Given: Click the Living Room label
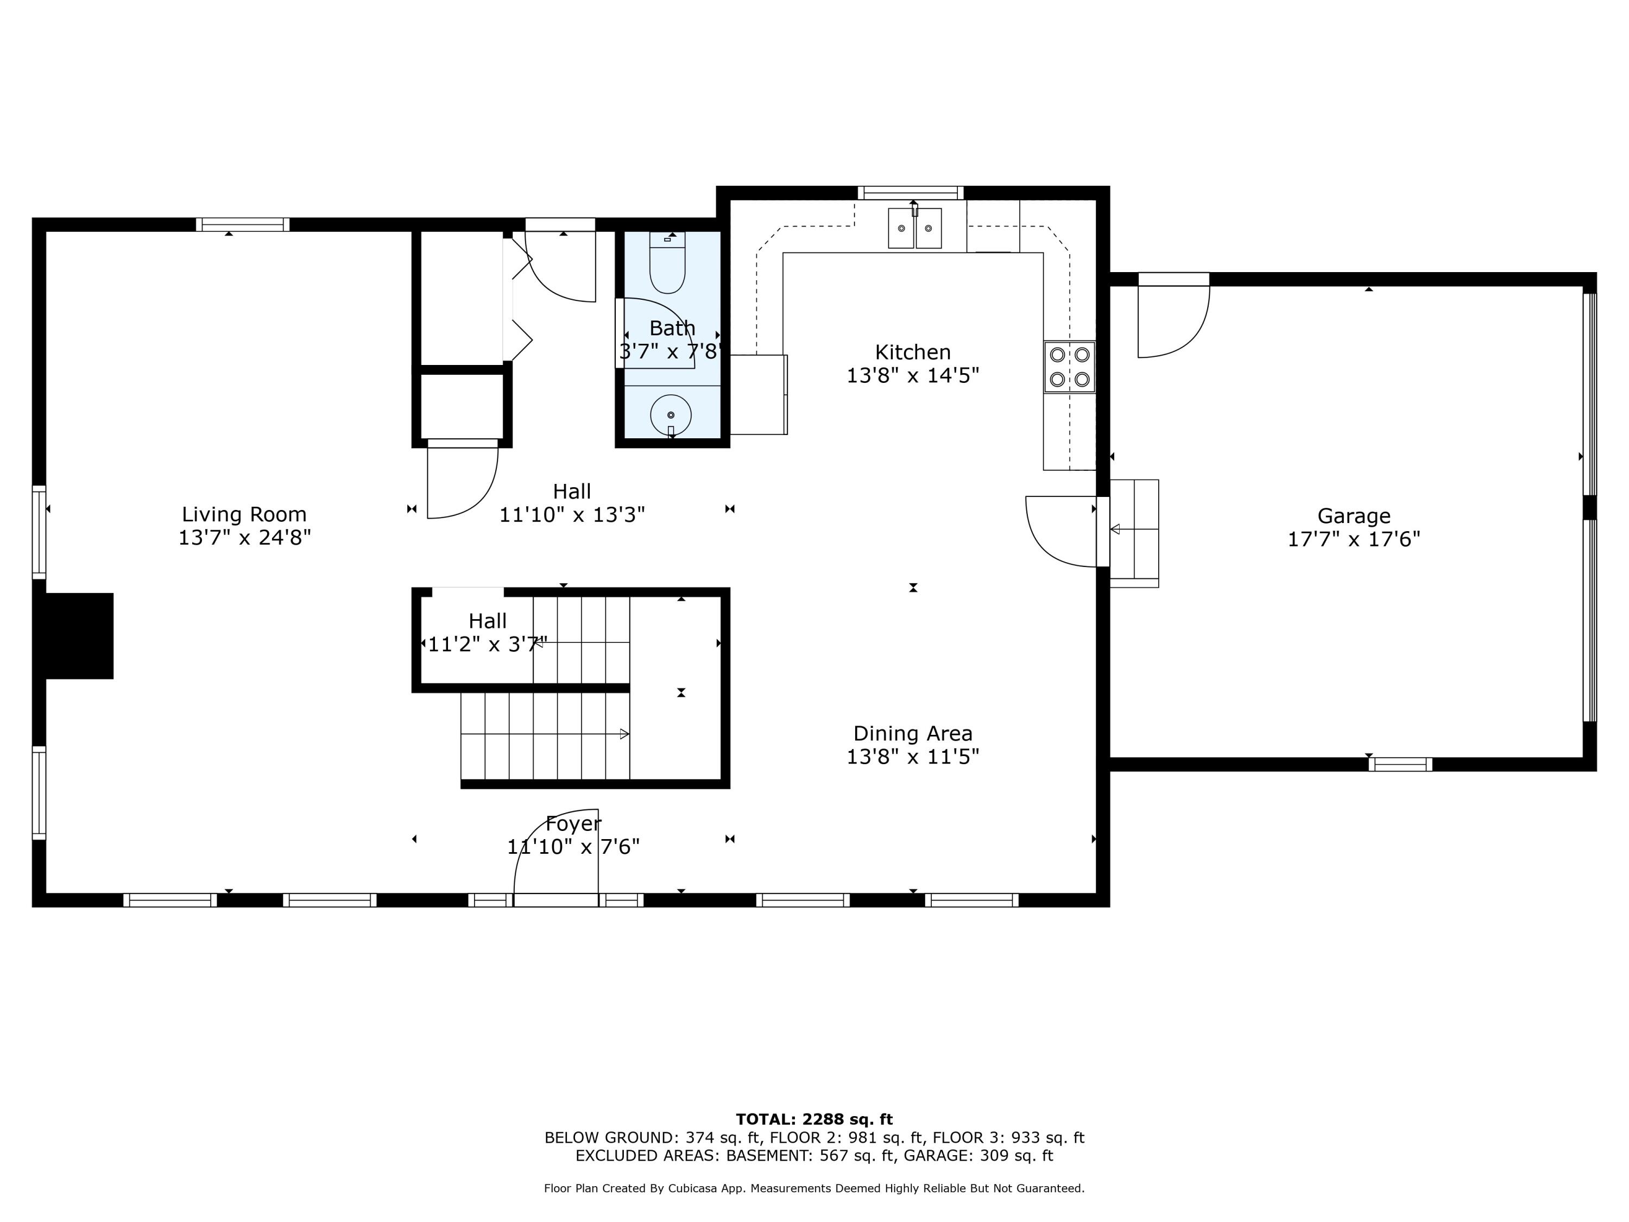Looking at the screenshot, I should pos(244,514).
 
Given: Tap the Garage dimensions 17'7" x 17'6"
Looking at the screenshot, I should pos(1354,539).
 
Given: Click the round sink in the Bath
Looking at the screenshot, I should pos(670,415).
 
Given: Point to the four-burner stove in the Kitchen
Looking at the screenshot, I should pos(1069,367).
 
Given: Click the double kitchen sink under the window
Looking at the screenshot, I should pos(914,228).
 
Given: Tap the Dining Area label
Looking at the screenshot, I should pos(912,734).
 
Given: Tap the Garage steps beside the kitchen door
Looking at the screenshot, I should pos(1134,533).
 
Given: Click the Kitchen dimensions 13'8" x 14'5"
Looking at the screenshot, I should pos(912,376).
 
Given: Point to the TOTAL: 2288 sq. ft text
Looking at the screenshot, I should pos(814,1119).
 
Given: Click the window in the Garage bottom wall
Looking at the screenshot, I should pos(1400,765).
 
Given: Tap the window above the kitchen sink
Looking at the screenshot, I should pos(910,193).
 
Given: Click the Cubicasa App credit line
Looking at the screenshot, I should pos(814,1188).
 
